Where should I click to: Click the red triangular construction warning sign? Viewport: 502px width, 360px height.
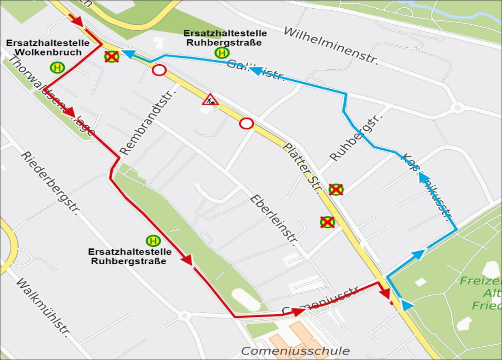pyautogui.click(x=210, y=100)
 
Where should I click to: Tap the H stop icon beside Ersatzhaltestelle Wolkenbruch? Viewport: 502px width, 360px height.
pyautogui.click(x=57, y=67)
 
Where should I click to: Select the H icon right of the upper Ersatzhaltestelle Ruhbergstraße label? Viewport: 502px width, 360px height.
pyautogui.click(x=222, y=53)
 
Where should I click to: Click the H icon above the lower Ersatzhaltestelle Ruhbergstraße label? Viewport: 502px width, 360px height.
pyautogui.click(x=153, y=241)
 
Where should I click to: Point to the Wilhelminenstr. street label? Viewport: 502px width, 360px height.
pyautogui.click(x=331, y=46)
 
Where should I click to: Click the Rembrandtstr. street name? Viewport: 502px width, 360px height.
pyautogui.click(x=148, y=120)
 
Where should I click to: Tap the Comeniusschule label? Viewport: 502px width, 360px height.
pyautogui.click(x=295, y=351)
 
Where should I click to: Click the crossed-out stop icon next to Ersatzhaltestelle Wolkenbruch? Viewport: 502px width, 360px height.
pyautogui.click(x=112, y=56)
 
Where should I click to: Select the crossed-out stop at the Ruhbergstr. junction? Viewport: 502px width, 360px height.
pyautogui.click(x=336, y=190)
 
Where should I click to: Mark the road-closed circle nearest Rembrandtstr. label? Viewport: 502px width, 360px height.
pyautogui.click(x=159, y=71)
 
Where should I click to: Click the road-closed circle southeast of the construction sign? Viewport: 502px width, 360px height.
pyautogui.click(x=246, y=124)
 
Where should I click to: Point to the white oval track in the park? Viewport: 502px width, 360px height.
pyautogui.click(x=246, y=299)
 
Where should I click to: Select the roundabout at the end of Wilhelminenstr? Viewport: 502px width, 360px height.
pyautogui.click(x=457, y=108)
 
